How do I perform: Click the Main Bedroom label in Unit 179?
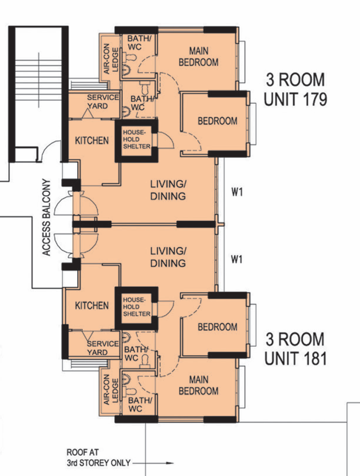199,56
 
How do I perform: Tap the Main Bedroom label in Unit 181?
199,385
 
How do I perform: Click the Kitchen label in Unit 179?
92,140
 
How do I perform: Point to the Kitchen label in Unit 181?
92,305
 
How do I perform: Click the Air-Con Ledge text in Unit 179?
111,59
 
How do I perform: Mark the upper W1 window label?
237,192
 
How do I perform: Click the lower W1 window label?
237,259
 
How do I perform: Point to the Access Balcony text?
46,218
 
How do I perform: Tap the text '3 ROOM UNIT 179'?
295,90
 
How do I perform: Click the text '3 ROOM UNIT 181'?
295,349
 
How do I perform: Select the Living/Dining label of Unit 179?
168,190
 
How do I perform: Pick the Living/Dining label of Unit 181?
168,257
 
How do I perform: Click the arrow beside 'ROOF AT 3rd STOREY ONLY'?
153,463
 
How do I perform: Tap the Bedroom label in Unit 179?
218,121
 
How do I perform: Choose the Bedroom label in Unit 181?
218,327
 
